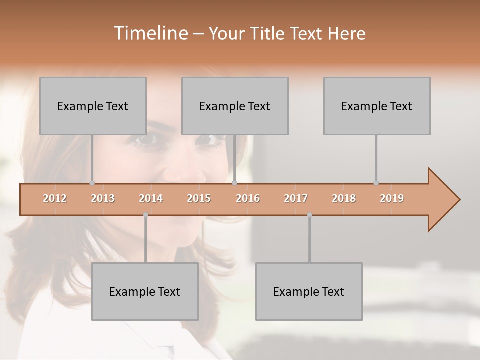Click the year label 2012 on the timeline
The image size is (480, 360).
point(55,198)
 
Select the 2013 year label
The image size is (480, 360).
point(103,198)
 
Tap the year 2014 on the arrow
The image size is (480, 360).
point(151,198)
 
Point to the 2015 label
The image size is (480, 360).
point(199,198)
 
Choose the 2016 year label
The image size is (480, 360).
point(248,198)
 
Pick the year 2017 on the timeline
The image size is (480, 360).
point(296,198)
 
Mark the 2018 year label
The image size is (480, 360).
point(344,198)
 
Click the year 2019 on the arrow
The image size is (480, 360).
point(392,198)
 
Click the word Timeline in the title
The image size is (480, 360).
point(150,33)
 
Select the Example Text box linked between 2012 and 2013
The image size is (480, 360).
point(93,106)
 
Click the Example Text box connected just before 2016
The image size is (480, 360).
point(235,106)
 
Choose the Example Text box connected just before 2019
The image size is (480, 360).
point(377,106)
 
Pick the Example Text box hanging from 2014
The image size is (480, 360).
point(145,291)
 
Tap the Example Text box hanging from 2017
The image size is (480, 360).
point(309,291)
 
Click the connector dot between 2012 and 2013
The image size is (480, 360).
point(92,183)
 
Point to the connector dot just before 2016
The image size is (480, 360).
point(234,183)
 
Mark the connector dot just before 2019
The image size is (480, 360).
point(376,183)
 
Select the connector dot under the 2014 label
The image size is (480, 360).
point(145,215)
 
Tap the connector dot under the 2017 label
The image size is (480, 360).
point(309,215)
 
